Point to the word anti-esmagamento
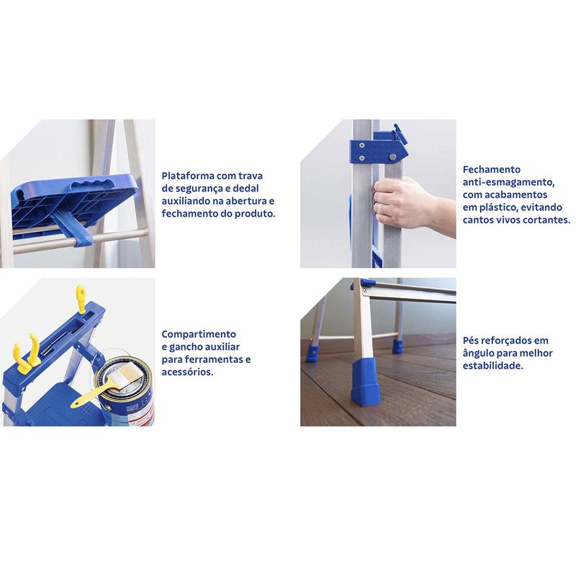click(x=508, y=182)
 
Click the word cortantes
click(x=546, y=220)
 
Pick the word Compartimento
click(x=199, y=334)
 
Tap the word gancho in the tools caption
click(x=186, y=347)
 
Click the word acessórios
click(x=187, y=372)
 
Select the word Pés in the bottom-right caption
click(x=470, y=341)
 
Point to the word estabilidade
click(x=492, y=366)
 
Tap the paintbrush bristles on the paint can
click(x=125, y=374)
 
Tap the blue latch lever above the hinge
click(x=400, y=134)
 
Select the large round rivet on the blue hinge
click(x=392, y=157)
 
